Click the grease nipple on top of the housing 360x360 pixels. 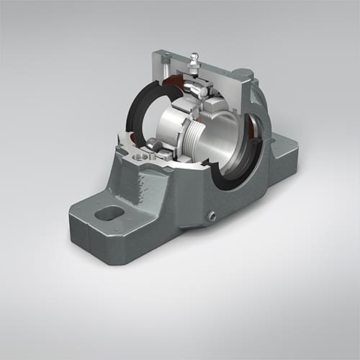click(x=194, y=63)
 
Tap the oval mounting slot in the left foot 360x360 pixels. click(x=109, y=213)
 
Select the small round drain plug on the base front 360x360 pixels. click(x=212, y=217)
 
